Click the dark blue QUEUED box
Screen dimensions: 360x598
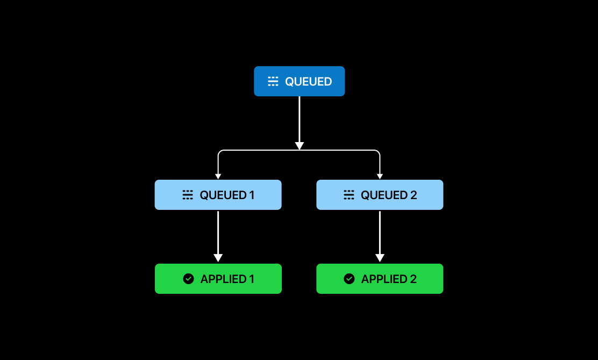(299, 81)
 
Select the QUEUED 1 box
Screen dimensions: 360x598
(218, 195)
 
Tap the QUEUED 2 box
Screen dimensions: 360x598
(380, 195)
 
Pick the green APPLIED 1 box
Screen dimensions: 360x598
(218, 279)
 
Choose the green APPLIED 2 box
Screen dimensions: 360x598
(380, 279)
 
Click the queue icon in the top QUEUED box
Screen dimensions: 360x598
(273, 82)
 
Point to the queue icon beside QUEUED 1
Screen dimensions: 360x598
(188, 195)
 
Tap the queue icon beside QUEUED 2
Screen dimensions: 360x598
(349, 195)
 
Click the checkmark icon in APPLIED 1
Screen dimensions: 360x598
(188, 279)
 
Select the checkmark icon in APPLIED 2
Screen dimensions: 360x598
(349, 279)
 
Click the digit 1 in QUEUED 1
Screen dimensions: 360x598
(252, 195)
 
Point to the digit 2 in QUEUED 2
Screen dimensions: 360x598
(414, 195)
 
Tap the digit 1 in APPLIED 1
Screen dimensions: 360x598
(252, 279)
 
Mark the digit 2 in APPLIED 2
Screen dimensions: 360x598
(414, 279)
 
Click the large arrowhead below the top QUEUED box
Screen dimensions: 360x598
(300, 146)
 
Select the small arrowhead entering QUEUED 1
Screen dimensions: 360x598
(218, 176)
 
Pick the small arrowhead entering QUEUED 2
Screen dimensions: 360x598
(380, 176)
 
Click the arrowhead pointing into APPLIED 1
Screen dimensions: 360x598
(218, 258)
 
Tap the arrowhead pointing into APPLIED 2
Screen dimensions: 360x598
(380, 258)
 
